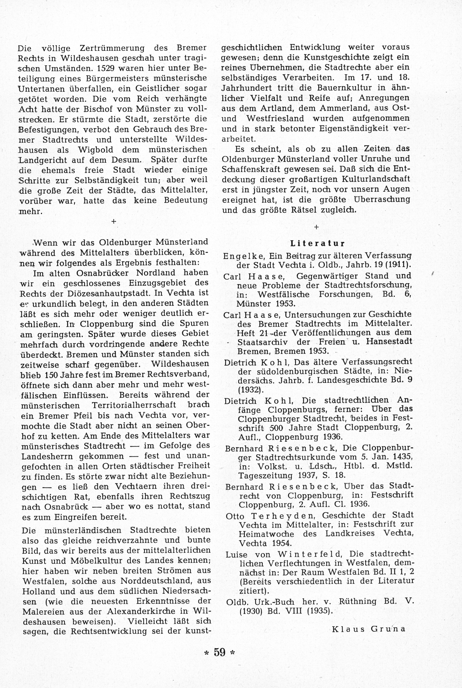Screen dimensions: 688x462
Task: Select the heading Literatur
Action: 317,244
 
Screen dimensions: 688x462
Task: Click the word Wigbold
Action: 95,150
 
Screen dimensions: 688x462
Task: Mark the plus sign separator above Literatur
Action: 317,227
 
